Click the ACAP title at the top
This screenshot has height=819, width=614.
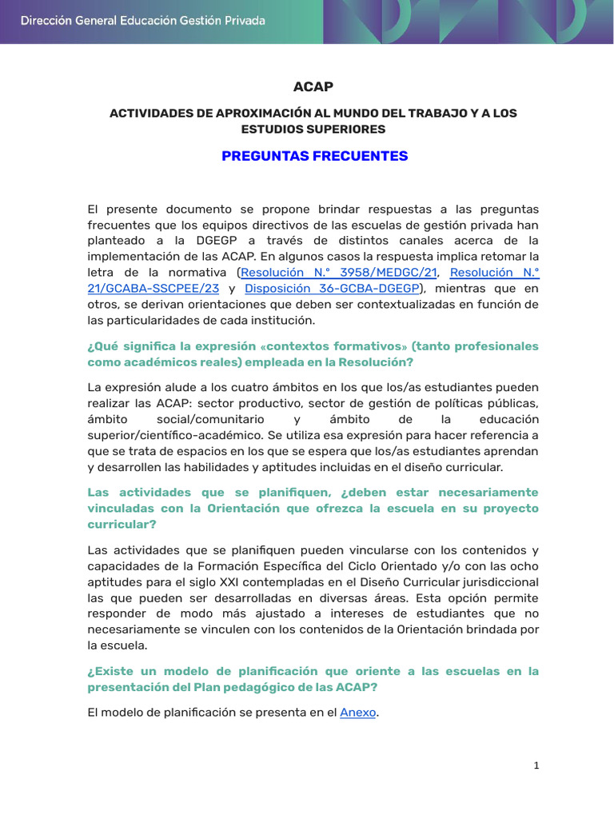point(313,86)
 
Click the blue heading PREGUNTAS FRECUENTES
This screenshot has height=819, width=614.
point(314,156)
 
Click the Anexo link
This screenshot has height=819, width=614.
point(357,713)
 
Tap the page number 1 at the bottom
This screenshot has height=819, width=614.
point(536,765)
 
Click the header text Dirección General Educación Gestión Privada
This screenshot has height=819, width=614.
point(142,21)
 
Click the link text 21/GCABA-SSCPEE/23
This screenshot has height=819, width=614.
point(151,289)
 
